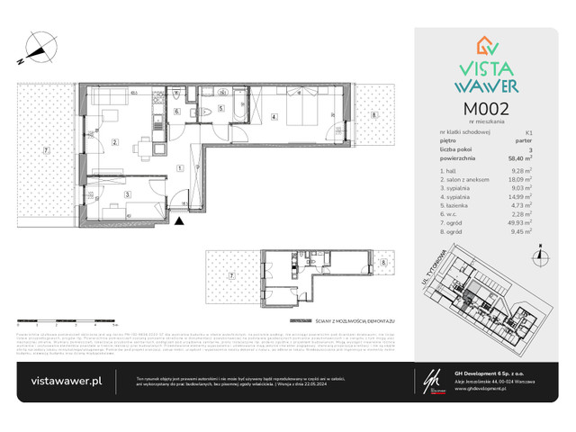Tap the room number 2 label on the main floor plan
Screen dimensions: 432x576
pos(115,142)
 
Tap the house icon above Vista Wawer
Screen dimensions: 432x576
pos(487,48)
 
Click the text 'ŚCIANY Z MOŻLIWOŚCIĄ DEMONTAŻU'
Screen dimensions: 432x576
pos(338,319)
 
